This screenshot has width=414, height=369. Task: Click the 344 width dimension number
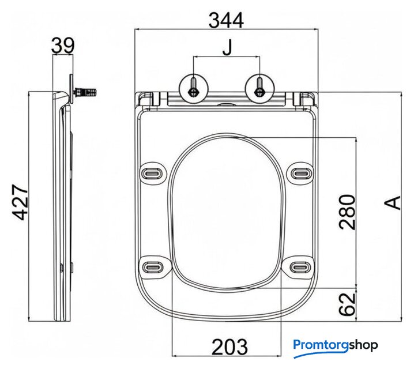[x=226, y=21]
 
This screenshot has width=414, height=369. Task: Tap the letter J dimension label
[x=227, y=48]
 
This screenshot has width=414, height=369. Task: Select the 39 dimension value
[x=63, y=45]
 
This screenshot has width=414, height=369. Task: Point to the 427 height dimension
[x=20, y=202]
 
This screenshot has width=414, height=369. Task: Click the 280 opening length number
[x=347, y=212]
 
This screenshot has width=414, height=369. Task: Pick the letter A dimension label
[x=393, y=203]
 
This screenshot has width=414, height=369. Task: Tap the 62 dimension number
[x=347, y=304]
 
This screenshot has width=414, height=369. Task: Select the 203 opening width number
[x=229, y=347]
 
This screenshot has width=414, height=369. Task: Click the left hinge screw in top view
[x=194, y=88]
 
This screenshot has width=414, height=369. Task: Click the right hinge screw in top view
[x=259, y=88]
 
